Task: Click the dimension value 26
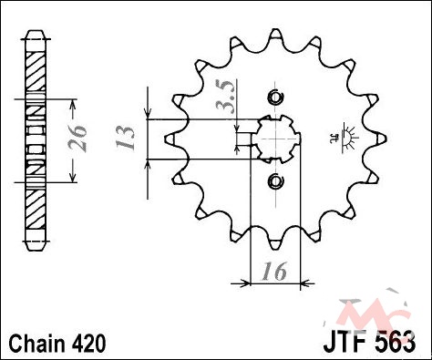77,138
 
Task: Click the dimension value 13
125,138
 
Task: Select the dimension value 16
274,271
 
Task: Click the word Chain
36,344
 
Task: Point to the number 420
88,344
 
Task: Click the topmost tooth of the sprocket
275,34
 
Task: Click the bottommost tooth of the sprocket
275,244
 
